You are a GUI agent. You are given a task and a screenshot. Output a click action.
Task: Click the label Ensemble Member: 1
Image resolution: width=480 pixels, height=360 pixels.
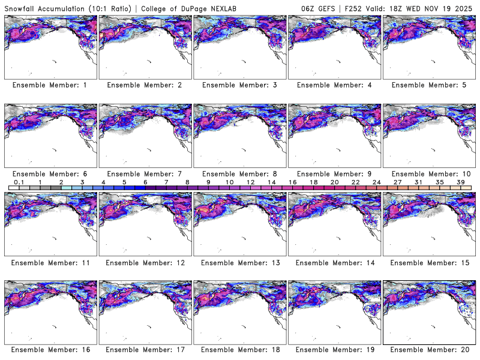click(50, 85)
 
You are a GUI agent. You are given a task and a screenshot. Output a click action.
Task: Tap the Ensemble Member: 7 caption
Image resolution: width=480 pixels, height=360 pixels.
click(144, 173)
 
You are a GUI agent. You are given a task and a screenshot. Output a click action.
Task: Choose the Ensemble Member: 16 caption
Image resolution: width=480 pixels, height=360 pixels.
click(50, 350)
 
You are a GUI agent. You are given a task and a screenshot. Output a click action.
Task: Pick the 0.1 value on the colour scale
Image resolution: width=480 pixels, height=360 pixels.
click(19, 182)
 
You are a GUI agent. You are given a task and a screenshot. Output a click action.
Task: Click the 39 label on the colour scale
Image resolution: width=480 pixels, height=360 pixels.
click(461, 182)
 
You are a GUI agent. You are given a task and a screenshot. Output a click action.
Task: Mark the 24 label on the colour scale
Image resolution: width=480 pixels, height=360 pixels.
click(376, 182)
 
